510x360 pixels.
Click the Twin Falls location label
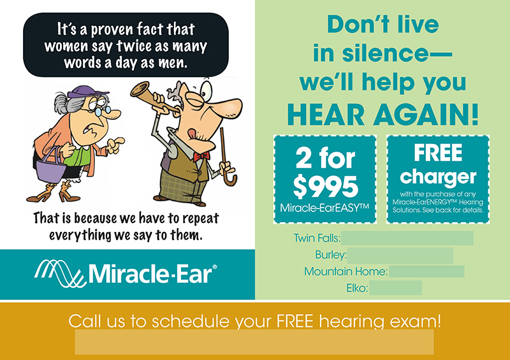[x=317, y=238]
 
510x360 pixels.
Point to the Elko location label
[x=357, y=289]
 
